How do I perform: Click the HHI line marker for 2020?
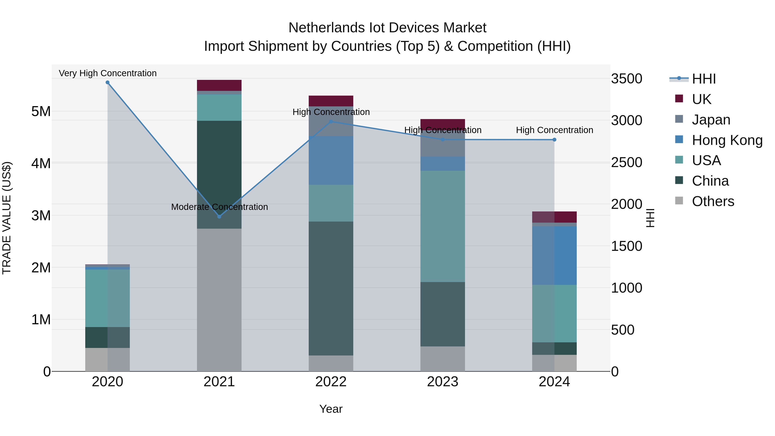(107, 82)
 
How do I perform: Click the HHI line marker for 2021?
(219, 217)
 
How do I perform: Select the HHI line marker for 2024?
(555, 140)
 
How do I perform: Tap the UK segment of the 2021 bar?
(219, 85)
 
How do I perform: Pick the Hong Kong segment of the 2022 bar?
(331, 160)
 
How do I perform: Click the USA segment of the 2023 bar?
(443, 226)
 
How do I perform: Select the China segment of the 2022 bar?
(331, 288)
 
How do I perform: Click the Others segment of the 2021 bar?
(219, 300)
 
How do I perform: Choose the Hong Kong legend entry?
(727, 140)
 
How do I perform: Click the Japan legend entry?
(711, 120)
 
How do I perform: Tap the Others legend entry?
(712, 201)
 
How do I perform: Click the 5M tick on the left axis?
(41, 112)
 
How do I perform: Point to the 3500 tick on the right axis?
(626, 79)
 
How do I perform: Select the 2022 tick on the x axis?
(331, 382)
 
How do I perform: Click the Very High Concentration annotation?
(108, 73)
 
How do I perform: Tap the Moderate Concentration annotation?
(219, 207)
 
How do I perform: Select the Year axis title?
(331, 409)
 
